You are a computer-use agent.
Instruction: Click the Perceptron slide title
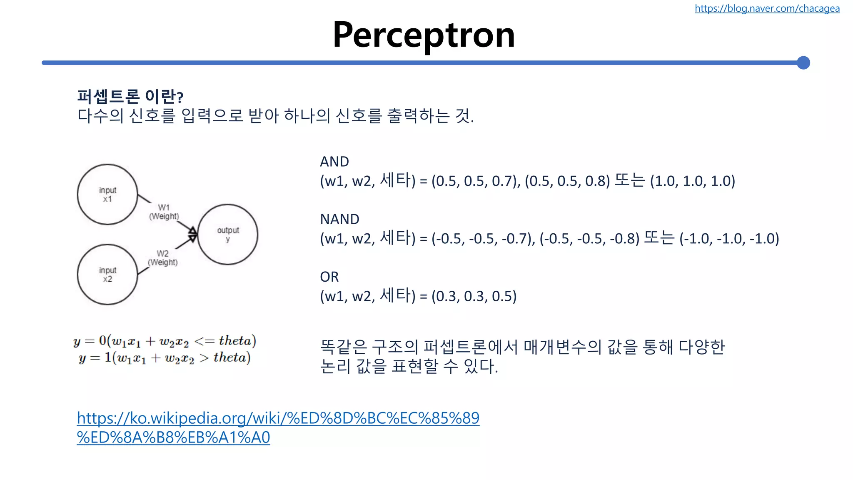tap(424, 35)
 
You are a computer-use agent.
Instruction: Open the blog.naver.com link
tap(767, 8)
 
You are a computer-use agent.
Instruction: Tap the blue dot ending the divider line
tap(803, 63)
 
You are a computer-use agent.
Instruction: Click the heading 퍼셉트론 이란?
tap(130, 97)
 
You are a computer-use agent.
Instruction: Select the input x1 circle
tap(107, 195)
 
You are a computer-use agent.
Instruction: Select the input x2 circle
tap(107, 275)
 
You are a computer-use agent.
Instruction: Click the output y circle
tap(228, 235)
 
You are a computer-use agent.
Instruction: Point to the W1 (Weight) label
tap(164, 212)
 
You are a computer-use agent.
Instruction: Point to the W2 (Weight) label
tap(163, 258)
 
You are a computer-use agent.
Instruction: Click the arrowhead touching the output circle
tap(193, 234)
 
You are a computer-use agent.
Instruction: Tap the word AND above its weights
tap(334, 162)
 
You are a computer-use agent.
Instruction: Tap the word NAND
tap(339, 219)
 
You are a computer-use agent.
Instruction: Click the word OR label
tap(329, 277)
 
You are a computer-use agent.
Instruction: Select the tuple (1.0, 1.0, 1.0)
tap(692, 181)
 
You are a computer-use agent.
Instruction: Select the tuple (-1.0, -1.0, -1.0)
tap(729, 239)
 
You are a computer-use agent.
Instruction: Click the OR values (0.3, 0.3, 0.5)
tap(474, 296)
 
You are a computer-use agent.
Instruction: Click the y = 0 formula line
tap(165, 341)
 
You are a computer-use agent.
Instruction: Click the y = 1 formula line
tap(165, 358)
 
